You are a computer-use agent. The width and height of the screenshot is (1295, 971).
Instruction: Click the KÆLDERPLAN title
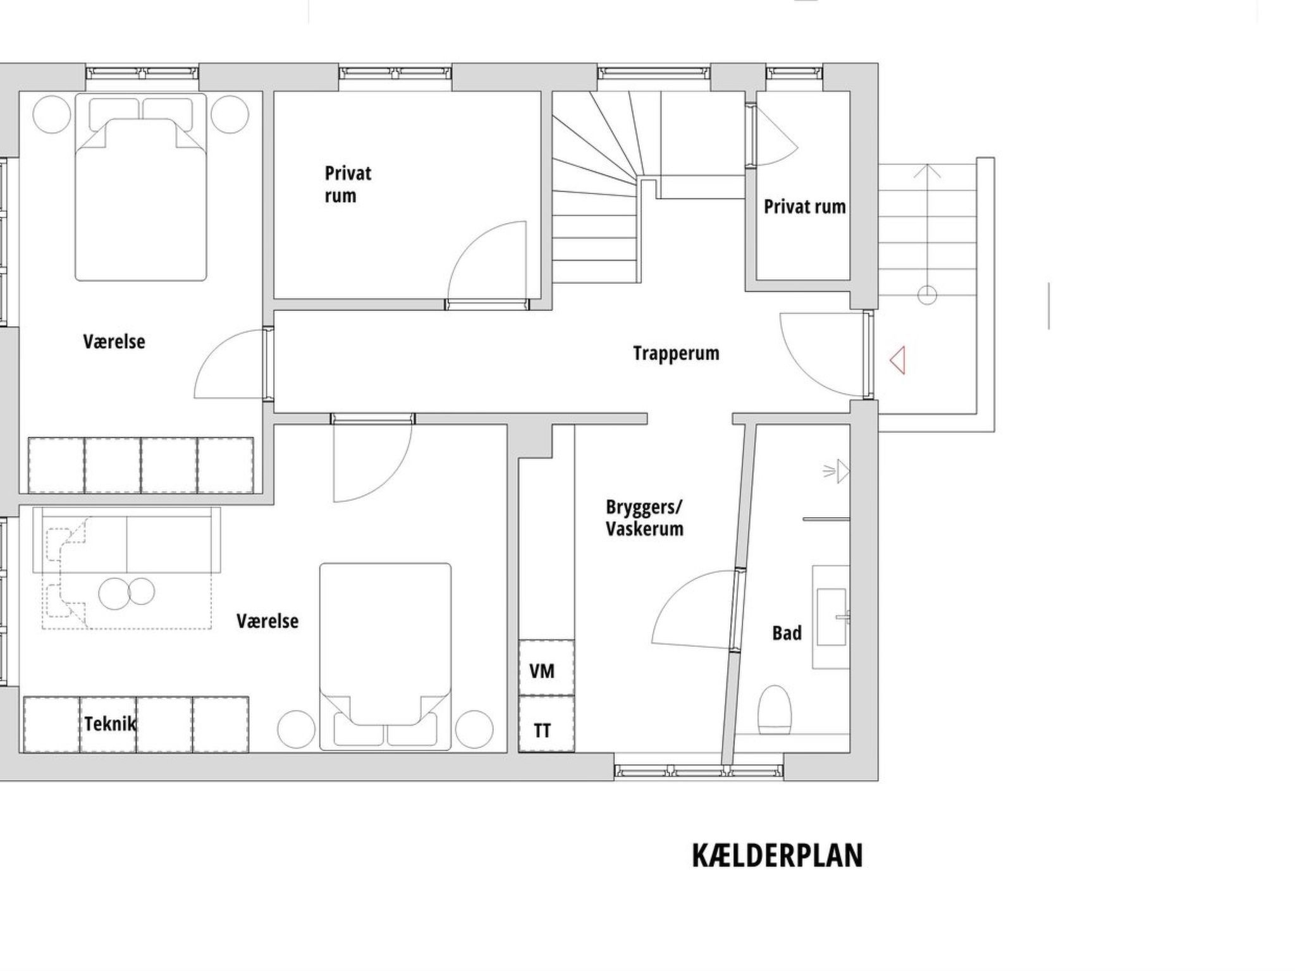tap(777, 856)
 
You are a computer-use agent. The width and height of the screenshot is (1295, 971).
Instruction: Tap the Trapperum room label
tap(676, 353)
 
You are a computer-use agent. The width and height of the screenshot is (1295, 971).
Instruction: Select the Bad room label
tap(787, 633)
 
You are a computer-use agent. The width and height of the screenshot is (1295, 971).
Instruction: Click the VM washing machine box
tap(546, 668)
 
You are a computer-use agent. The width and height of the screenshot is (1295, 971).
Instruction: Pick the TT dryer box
tap(546, 724)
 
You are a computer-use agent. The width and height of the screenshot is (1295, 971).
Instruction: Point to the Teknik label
tap(110, 724)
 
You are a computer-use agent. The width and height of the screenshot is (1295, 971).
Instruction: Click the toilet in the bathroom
tap(775, 710)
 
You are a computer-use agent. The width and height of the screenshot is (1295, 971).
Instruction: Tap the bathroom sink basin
tap(832, 618)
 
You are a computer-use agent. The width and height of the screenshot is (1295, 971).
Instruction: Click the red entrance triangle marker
tap(897, 360)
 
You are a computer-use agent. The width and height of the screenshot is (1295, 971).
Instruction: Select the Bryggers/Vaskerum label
tap(644, 518)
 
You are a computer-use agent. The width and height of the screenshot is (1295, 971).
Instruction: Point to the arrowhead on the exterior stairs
tap(927, 171)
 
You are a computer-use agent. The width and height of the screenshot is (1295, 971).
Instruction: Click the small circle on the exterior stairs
tap(927, 295)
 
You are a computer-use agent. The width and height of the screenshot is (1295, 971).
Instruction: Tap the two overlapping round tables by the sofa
tap(127, 593)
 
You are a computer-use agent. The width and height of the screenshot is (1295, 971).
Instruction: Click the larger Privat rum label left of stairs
tap(348, 185)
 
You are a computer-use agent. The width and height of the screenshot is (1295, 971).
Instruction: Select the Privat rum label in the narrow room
tap(804, 207)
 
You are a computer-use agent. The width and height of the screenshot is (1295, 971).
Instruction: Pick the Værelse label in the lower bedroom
tap(267, 621)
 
